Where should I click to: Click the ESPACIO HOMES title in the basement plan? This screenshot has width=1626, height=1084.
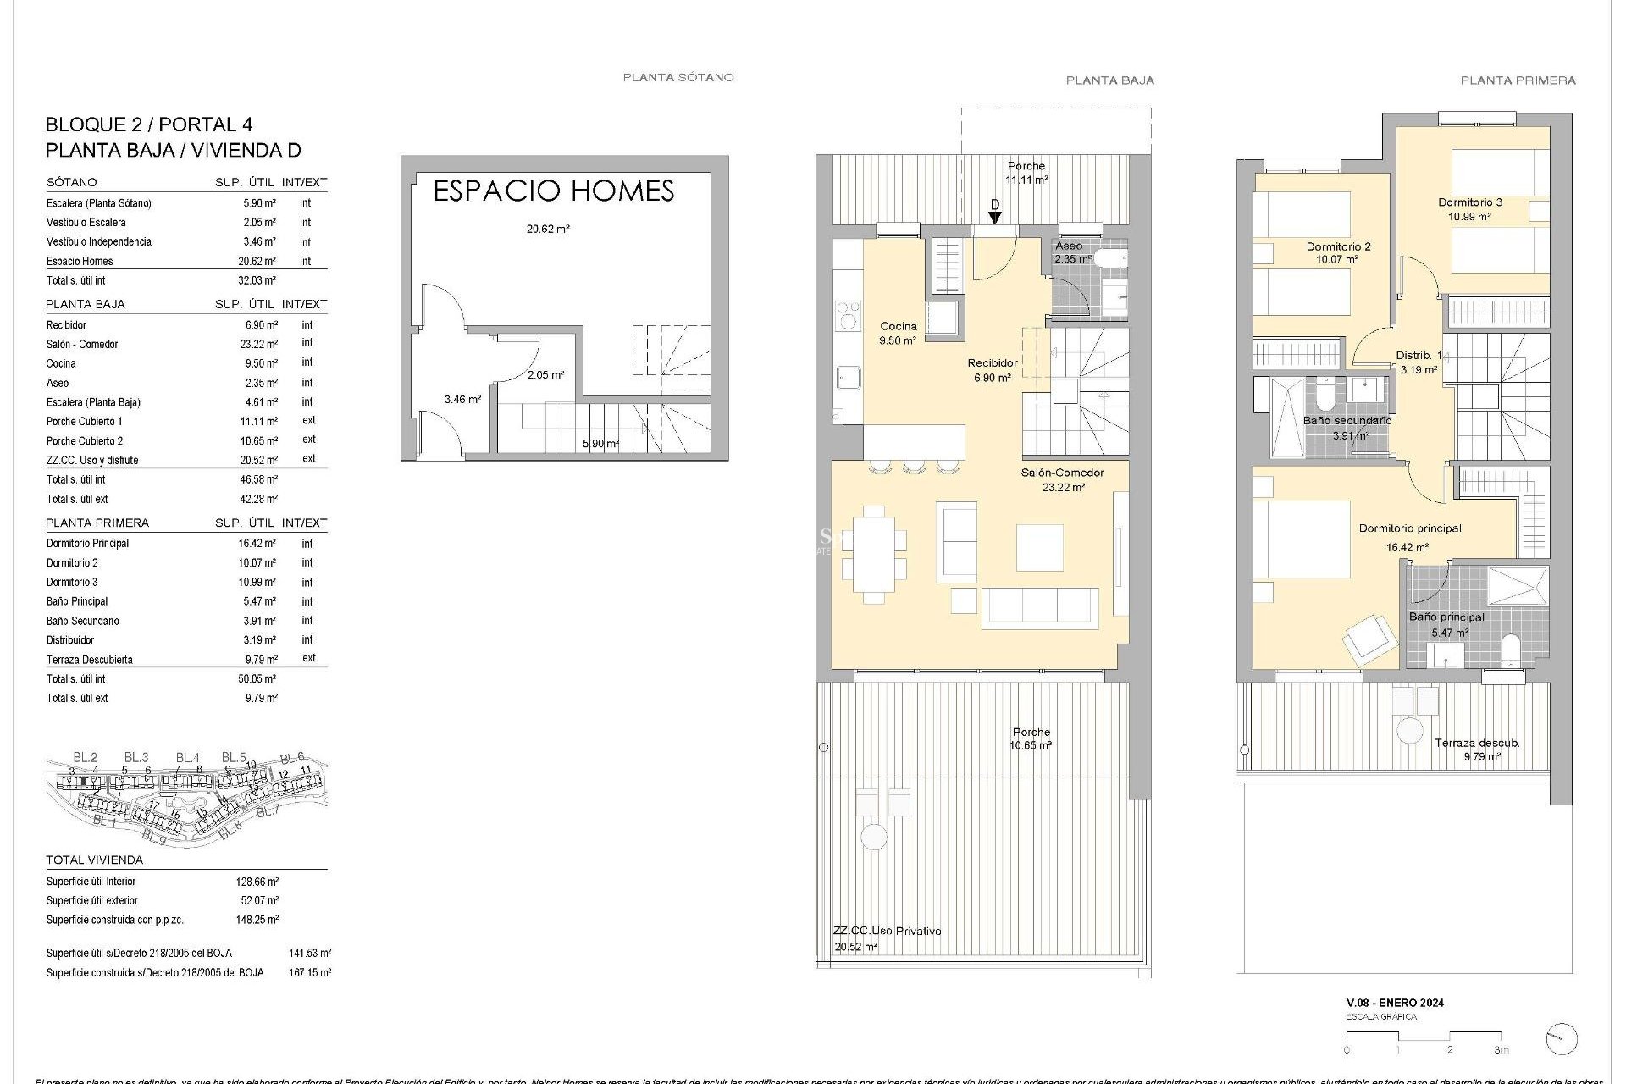(x=553, y=191)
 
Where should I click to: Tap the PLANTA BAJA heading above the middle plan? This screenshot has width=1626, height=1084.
(x=1109, y=80)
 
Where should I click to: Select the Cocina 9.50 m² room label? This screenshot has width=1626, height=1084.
(x=898, y=333)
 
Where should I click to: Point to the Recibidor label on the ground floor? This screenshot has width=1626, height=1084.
(x=993, y=363)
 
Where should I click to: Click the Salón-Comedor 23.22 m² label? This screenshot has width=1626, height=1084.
(x=1062, y=479)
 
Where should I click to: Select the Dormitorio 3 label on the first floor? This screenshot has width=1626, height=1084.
(x=1470, y=202)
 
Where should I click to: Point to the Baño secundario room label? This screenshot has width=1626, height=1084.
(x=1347, y=421)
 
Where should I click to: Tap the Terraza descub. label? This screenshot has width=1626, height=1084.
(x=1477, y=743)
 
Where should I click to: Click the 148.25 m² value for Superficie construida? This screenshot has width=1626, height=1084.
(x=257, y=920)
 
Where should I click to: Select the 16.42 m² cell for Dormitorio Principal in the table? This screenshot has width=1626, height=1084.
(x=257, y=544)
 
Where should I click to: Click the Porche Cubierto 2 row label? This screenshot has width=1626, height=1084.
(x=85, y=441)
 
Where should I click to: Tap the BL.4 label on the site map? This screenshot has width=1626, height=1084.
(x=188, y=758)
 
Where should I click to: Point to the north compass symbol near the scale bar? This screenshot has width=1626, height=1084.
(x=1561, y=1039)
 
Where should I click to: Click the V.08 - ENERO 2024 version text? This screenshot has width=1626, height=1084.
(x=1395, y=1003)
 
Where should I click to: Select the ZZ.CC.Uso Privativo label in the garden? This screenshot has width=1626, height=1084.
(x=887, y=931)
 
